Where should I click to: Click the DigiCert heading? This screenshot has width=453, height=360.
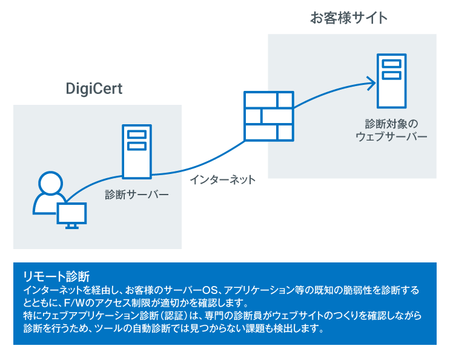94,89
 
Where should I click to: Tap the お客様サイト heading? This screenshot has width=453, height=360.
349,18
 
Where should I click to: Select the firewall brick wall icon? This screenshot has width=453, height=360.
268,115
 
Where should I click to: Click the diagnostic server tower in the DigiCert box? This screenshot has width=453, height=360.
137,151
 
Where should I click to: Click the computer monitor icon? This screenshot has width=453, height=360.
71,213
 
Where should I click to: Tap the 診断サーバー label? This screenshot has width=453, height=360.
136,195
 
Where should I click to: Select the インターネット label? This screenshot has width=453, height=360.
222,179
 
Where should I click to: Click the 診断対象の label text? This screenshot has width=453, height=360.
391,123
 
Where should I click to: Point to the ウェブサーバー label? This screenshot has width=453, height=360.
391,136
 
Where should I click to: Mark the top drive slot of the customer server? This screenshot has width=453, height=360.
391,64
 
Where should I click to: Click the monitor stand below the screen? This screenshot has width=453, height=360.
71,226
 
